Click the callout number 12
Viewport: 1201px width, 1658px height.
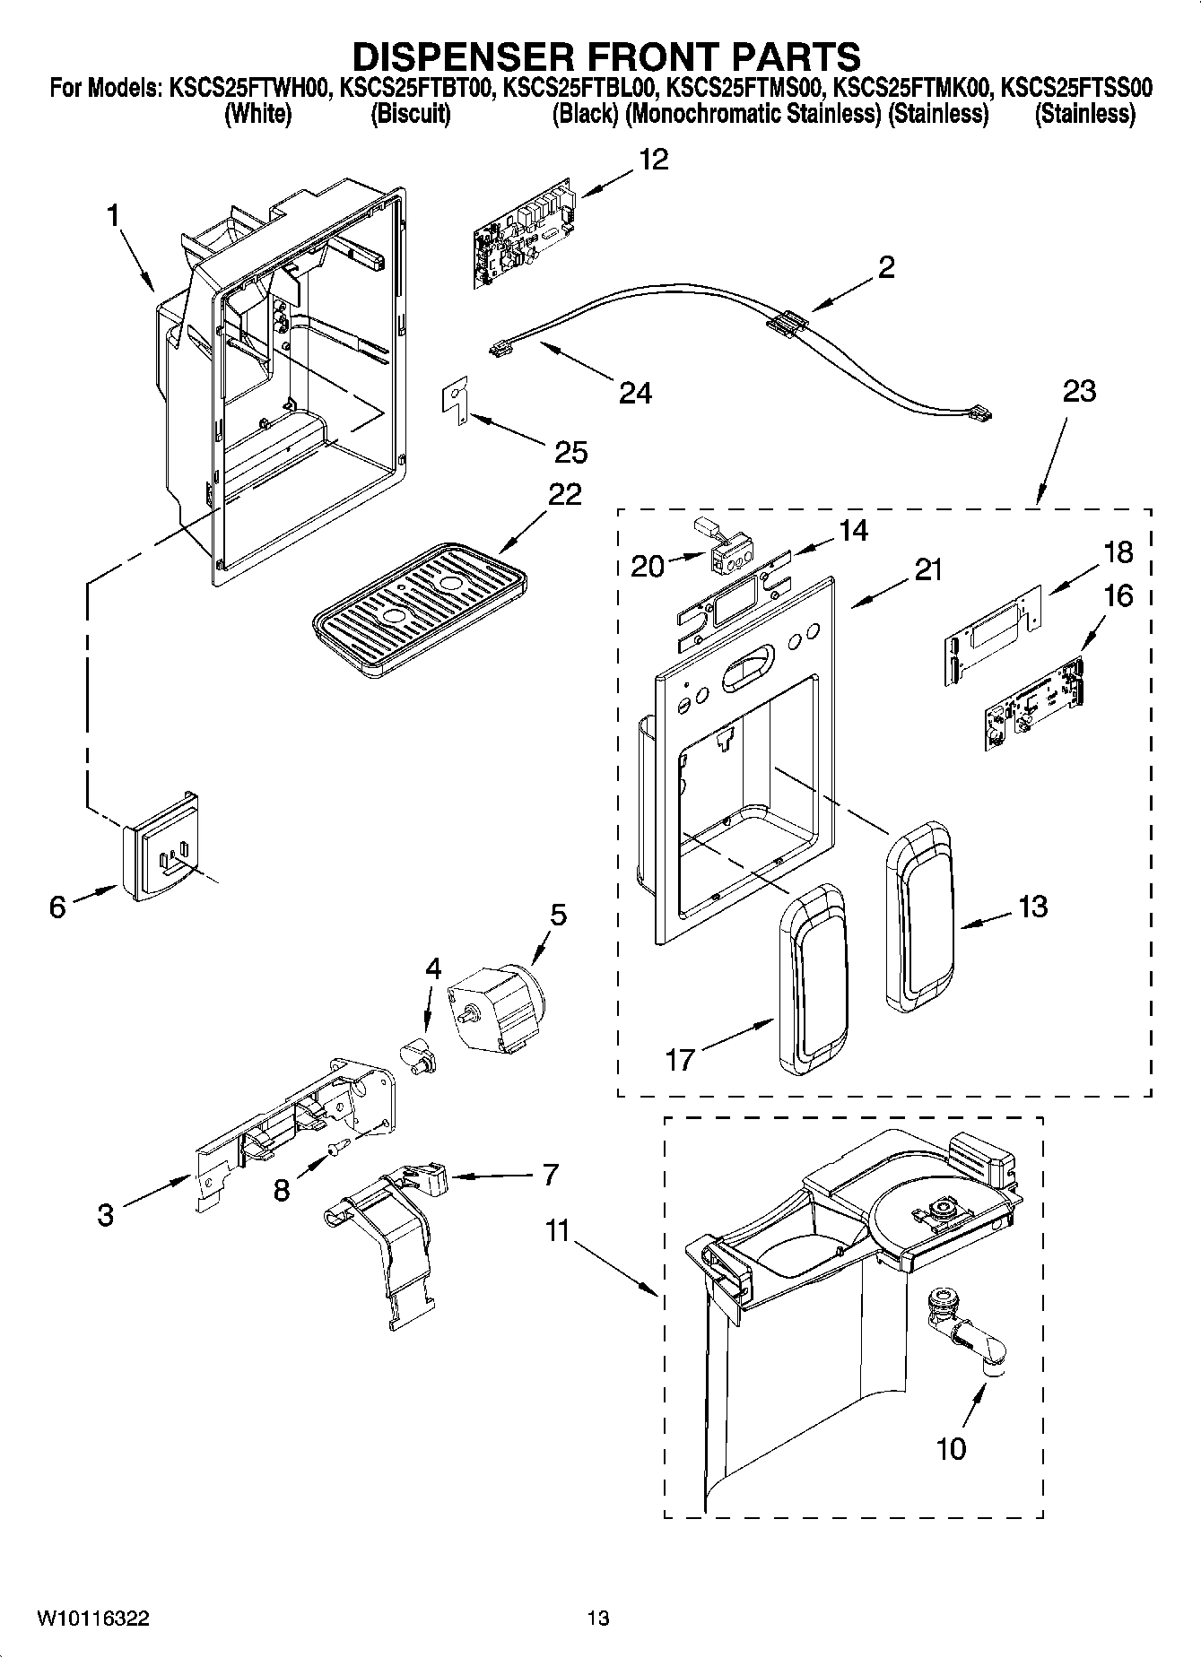tap(654, 161)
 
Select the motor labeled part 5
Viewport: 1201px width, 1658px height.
tap(498, 1003)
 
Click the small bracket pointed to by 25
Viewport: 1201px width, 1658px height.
tap(456, 399)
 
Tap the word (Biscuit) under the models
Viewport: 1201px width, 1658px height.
tap(410, 115)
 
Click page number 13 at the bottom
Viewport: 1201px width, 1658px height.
tap(598, 1619)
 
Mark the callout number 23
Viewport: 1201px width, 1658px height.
tap(1079, 392)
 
